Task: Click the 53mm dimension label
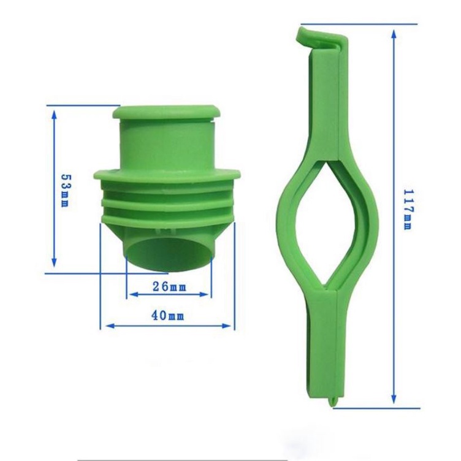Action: [x=65, y=190]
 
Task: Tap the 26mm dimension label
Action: [x=170, y=286]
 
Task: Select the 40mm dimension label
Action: [x=168, y=316]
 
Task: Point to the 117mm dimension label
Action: [x=408, y=209]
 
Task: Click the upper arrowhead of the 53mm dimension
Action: [x=54, y=115]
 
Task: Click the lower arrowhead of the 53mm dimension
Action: [x=54, y=262]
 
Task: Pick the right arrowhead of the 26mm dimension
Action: [x=204, y=294]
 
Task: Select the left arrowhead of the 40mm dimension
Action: [x=110, y=326]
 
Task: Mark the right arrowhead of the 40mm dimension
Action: [x=226, y=326]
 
